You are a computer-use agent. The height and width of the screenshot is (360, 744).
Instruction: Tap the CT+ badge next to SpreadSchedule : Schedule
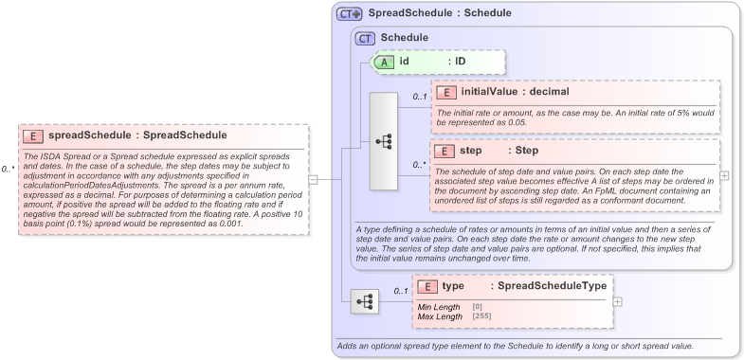[350, 13]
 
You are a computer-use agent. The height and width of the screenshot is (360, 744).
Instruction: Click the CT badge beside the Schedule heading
[365, 38]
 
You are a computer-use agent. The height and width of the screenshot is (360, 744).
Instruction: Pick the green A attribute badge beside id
[386, 62]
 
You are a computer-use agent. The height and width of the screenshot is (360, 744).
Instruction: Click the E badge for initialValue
[445, 92]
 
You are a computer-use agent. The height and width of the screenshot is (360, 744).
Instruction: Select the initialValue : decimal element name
[516, 92]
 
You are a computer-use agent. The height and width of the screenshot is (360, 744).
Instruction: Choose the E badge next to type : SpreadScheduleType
[427, 286]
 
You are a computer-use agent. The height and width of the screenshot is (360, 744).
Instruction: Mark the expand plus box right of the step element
[725, 175]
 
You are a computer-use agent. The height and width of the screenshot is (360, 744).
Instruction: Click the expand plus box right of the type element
[619, 301]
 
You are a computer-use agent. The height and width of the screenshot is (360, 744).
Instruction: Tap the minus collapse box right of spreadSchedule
[313, 177]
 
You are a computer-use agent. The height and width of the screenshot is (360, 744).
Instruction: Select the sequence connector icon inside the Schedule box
[384, 141]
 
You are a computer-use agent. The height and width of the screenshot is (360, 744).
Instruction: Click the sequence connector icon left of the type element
[364, 301]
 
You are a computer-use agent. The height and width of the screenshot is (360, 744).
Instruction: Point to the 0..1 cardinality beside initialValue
[419, 97]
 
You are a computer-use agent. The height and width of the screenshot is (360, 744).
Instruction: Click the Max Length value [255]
[482, 316]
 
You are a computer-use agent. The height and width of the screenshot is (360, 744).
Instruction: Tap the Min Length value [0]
[478, 307]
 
